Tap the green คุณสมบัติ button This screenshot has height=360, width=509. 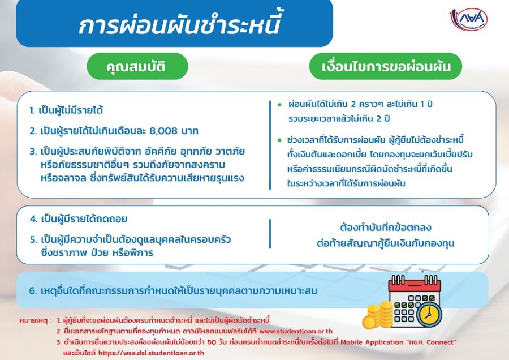[x=137, y=66]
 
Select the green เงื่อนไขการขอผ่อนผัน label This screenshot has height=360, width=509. [x=386, y=66]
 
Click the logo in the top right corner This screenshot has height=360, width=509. [x=468, y=19]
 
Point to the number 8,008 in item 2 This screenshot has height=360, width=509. [x=163, y=131]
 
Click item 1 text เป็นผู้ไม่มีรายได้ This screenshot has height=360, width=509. [x=71, y=110]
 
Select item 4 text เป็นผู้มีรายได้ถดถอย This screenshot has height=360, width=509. [x=84, y=218]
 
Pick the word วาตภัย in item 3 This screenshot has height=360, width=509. [x=230, y=152]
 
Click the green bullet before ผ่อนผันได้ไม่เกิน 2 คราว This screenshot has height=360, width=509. [x=279, y=105]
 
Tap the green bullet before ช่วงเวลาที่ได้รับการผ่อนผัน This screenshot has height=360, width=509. [x=279, y=140]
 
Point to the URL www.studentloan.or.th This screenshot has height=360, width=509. [x=296, y=331]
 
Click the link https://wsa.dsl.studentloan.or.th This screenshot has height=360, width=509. [x=151, y=353]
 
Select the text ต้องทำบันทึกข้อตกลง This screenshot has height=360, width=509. [x=386, y=228]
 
